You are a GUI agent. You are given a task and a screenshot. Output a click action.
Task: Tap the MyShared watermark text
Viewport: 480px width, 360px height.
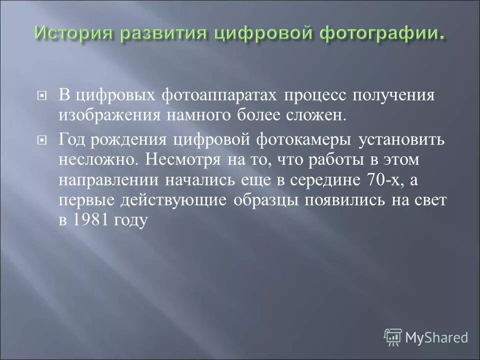(x=436, y=337)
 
